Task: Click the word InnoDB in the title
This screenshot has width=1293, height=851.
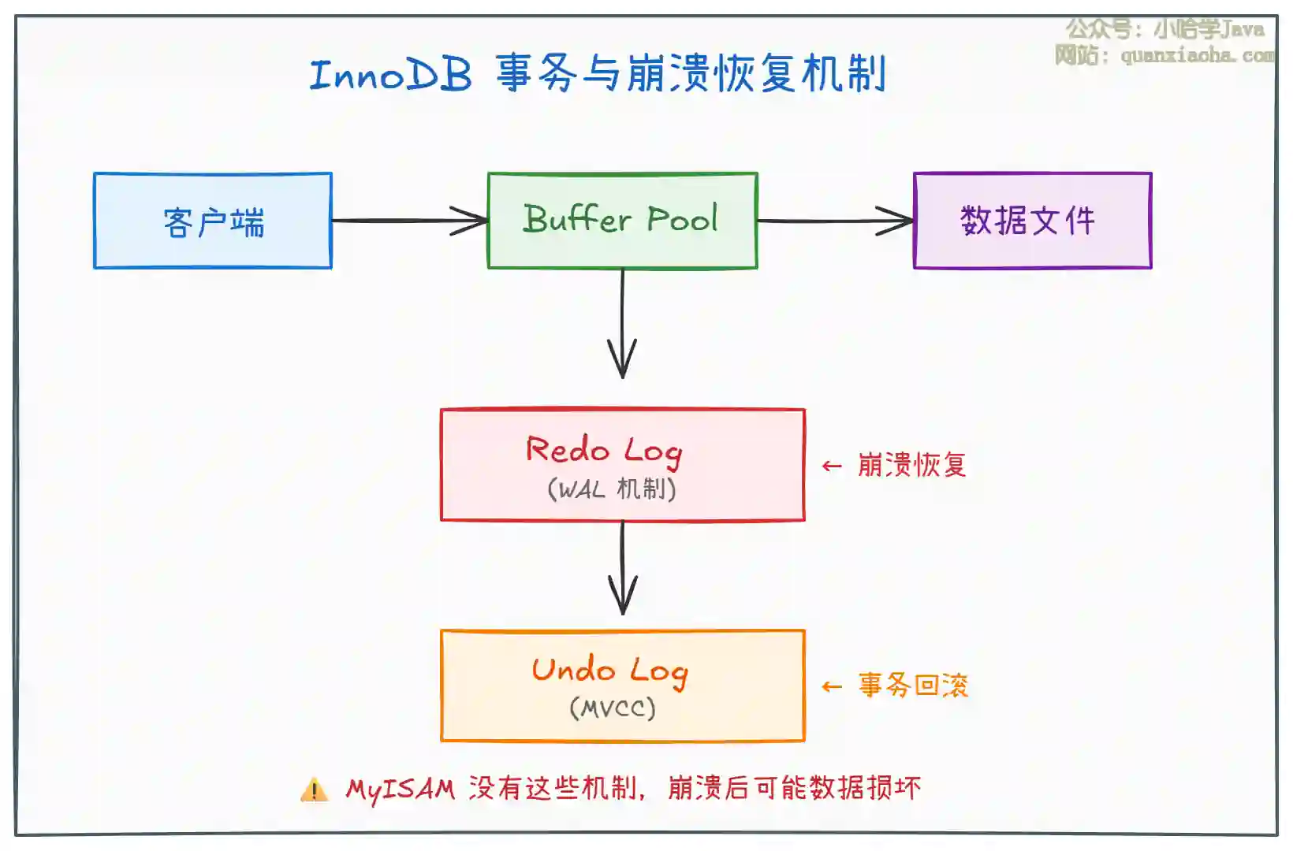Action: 391,75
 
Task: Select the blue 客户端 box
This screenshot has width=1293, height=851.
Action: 213,221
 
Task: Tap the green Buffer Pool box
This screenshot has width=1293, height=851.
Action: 622,220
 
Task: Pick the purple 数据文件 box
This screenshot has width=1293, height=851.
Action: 1032,221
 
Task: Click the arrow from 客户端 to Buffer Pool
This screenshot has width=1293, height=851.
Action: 410,221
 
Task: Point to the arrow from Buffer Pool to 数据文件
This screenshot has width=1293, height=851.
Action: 835,221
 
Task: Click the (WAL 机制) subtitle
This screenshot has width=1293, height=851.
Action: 612,489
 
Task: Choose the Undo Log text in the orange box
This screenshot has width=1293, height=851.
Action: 609,671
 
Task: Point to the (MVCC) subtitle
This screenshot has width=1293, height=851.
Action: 613,708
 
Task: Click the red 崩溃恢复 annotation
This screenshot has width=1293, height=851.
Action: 911,465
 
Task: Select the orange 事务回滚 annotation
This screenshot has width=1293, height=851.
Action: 913,686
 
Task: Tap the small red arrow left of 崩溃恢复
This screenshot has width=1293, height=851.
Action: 832,466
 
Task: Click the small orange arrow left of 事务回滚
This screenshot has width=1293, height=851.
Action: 832,687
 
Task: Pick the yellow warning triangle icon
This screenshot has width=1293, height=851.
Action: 314,790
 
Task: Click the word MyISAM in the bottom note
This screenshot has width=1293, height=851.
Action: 401,789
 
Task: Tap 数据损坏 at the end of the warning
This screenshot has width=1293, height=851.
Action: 865,788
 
